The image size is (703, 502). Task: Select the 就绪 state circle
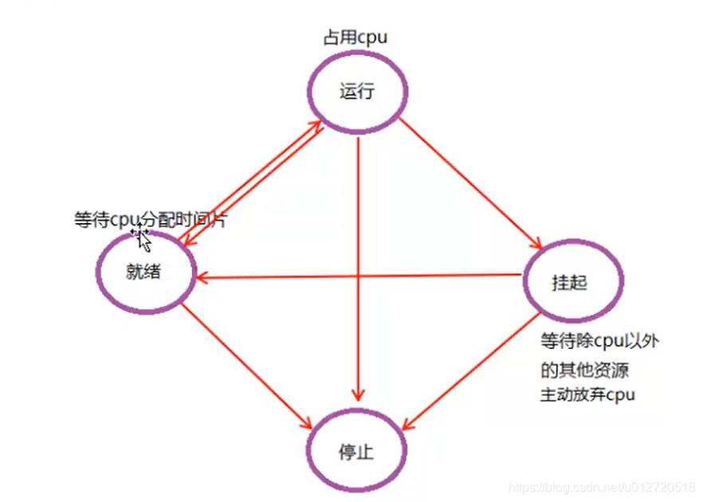146,272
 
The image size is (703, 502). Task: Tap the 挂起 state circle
572,282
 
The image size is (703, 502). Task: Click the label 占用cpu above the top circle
355,37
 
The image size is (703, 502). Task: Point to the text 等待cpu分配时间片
150,220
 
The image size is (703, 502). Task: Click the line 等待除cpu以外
599,341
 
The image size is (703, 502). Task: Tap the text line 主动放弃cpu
588,394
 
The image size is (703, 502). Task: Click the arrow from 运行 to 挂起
470,183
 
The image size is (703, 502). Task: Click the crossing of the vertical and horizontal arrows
359,276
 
